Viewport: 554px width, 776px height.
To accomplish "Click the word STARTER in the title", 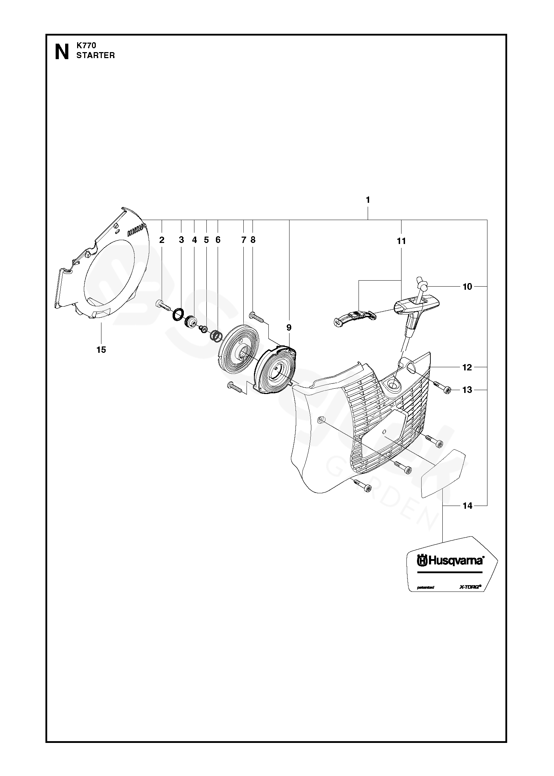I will pos(96,56).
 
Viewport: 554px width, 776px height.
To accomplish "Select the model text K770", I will pos(86,45).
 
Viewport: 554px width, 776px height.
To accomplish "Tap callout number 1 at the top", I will pos(368,200).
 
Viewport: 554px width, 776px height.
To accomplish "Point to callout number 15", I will pos(101,350).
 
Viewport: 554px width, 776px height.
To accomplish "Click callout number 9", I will pos(289,328).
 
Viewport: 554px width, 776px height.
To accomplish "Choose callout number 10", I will pos(467,287).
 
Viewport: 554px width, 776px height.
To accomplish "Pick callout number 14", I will pos(467,506).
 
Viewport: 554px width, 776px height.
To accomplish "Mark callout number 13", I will pos(467,390).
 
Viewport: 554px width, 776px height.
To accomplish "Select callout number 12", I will pos(467,368).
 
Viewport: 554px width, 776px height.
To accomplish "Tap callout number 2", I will pos(162,240).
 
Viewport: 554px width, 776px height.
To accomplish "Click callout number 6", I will pos(218,240).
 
